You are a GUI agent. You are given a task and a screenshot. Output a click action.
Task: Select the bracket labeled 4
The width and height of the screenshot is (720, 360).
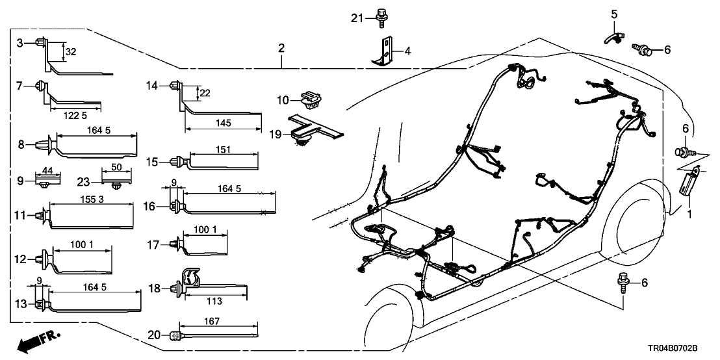(385, 51)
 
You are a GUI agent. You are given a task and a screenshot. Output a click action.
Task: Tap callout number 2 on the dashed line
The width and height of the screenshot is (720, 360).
(281, 47)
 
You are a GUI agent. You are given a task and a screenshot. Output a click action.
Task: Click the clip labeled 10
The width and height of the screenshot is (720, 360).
(309, 100)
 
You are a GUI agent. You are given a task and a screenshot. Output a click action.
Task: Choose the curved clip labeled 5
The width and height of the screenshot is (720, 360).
(611, 32)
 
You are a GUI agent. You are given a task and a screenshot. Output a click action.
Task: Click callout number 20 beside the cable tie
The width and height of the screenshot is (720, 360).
(153, 335)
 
